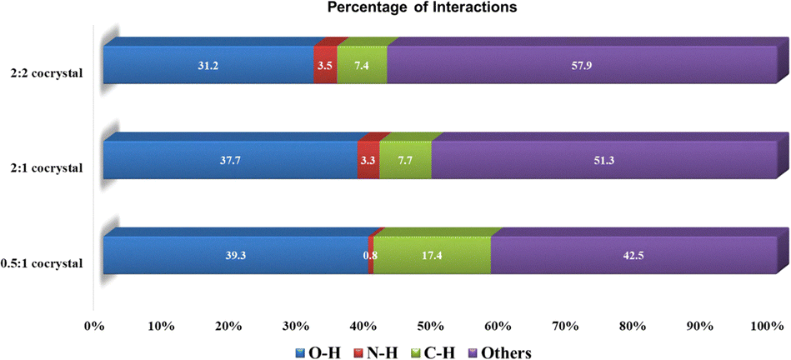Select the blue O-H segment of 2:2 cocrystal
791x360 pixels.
click(208, 65)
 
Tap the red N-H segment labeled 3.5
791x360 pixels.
click(325, 65)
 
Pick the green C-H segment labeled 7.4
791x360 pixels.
click(362, 65)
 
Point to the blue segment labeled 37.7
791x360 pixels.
click(230, 160)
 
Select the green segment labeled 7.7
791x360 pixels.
click(405, 160)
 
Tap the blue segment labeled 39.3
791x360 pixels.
click(235, 255)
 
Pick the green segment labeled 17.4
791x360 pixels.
click(432, 255)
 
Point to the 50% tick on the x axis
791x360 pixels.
click(430, 326)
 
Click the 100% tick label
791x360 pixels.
click(767, 326)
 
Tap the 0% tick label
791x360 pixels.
click(93, 326)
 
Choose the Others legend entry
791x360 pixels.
click(501, 352)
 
